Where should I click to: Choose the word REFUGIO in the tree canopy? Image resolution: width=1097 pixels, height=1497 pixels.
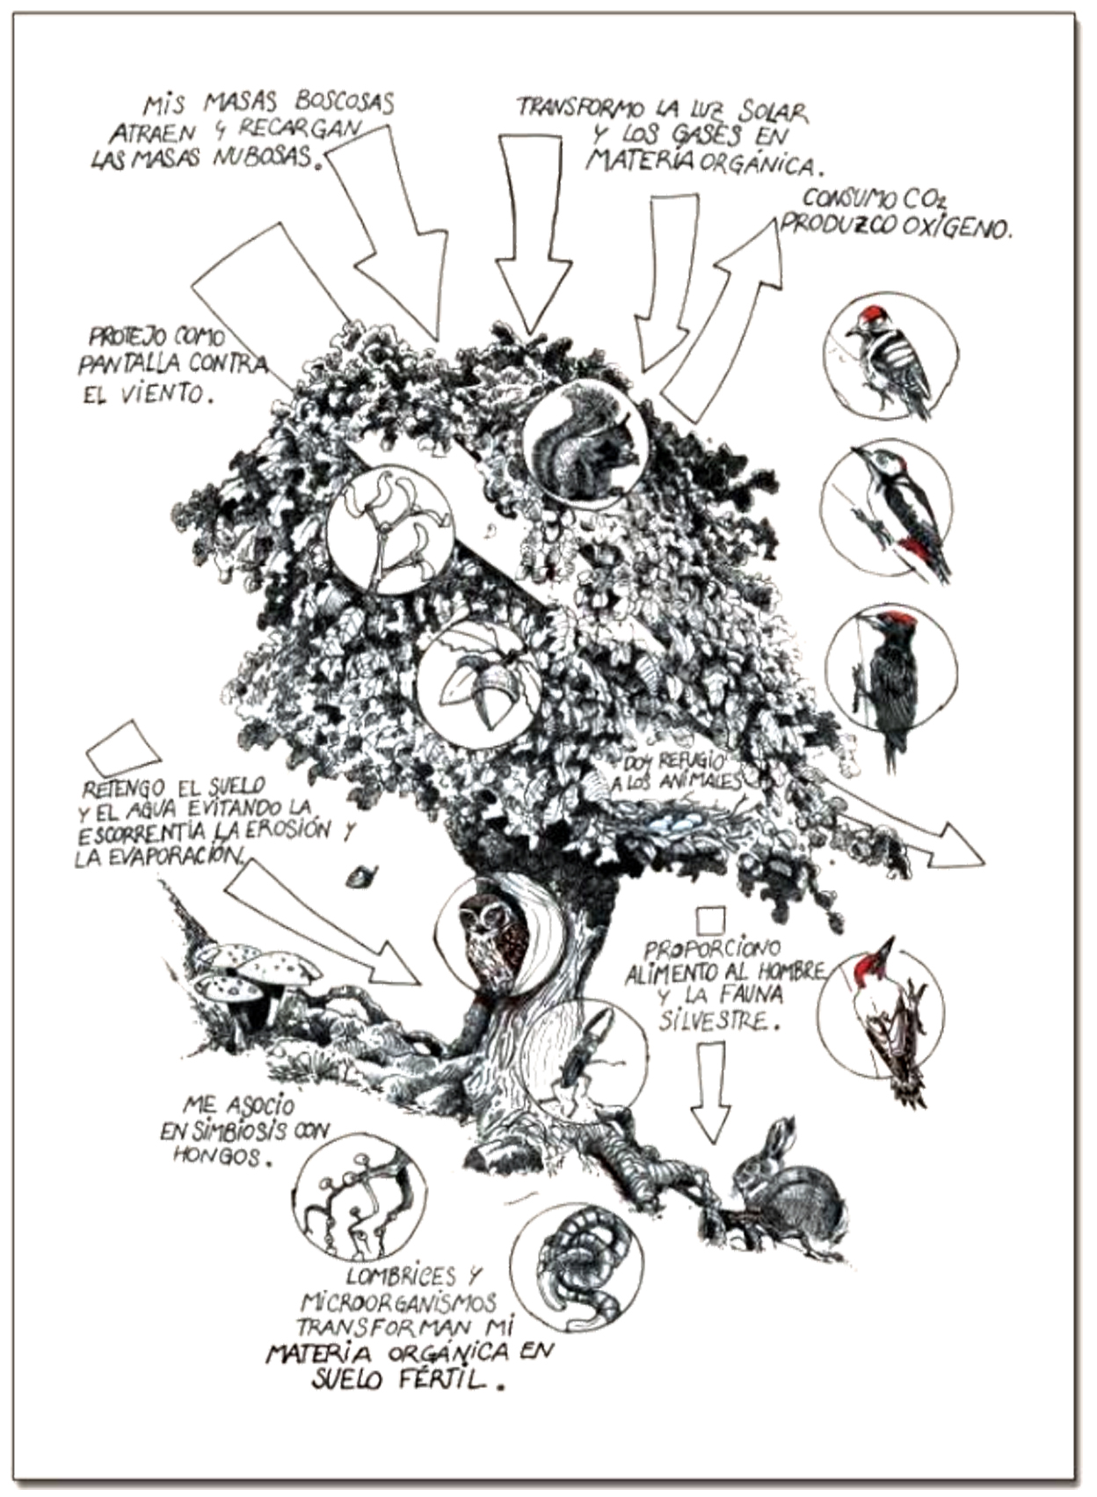point(693,763)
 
